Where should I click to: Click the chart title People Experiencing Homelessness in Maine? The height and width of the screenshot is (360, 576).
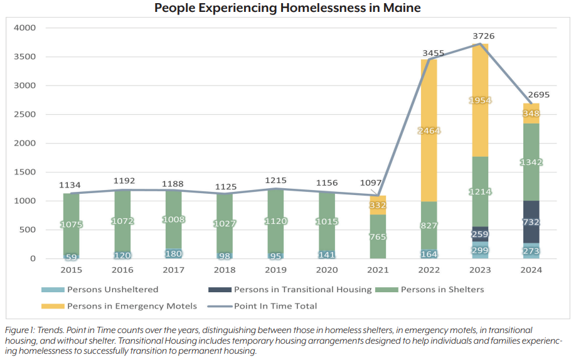click(287, 8)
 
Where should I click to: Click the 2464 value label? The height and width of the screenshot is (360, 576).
click(429, 130)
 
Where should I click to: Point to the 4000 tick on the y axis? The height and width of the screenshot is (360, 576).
click(25, 28)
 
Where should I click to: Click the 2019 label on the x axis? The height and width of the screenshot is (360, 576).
click(275, 270)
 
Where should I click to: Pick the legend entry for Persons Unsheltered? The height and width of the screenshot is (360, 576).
click(100, 290)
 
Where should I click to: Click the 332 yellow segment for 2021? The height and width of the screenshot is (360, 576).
click(378, 205)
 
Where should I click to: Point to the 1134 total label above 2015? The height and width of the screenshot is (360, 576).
click(70, 185)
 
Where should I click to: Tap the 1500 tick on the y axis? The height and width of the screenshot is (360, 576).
click(25, 172)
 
